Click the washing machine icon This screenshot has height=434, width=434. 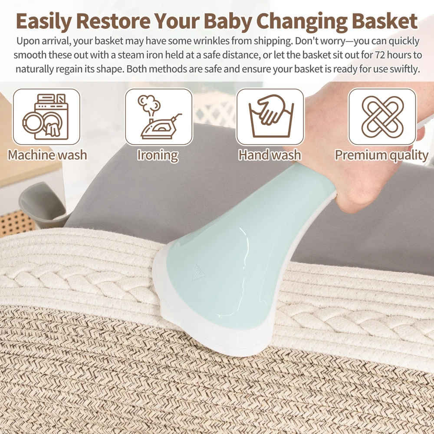(x=46, y=117)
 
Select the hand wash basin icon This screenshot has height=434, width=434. (x=271, y=116)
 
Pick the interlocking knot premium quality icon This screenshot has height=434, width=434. (x=382, y=117)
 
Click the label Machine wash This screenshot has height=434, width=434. (x=47, y=155)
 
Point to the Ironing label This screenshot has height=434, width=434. (x=158, y=155)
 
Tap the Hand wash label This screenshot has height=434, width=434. (x=270, y=155)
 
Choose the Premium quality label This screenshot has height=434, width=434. (x=381, y=155)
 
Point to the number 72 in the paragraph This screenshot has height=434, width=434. (x=380, y=55)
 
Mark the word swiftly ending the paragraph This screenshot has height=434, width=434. (x=404, y=69)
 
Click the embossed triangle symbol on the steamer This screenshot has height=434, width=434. (x=197, y=272)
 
